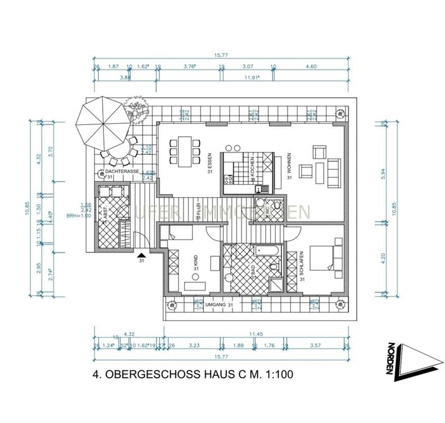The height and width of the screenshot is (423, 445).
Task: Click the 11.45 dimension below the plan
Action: pyautogui.click(x=255, y=334)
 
